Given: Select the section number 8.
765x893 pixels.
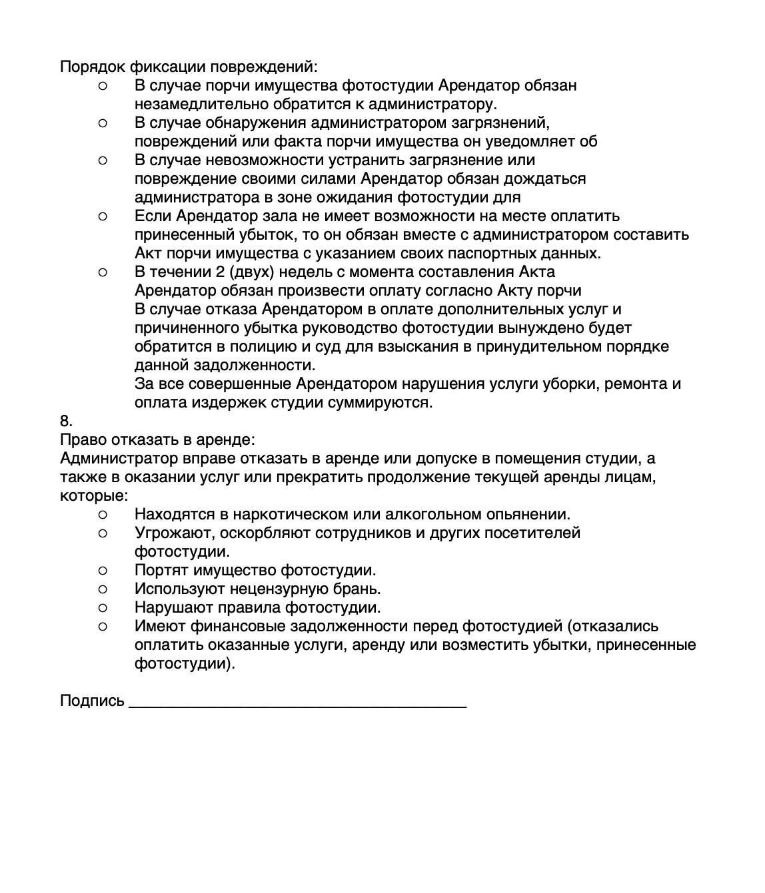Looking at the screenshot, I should (x=65, y=422).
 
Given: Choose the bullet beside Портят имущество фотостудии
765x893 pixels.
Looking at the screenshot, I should (x=102, y=571).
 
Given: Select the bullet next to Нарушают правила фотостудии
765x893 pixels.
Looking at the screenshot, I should (x=102, y=608).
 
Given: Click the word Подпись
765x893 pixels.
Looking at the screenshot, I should (x=92, y=701).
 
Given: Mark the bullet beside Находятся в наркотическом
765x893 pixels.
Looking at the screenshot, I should (x=102, y=515).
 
